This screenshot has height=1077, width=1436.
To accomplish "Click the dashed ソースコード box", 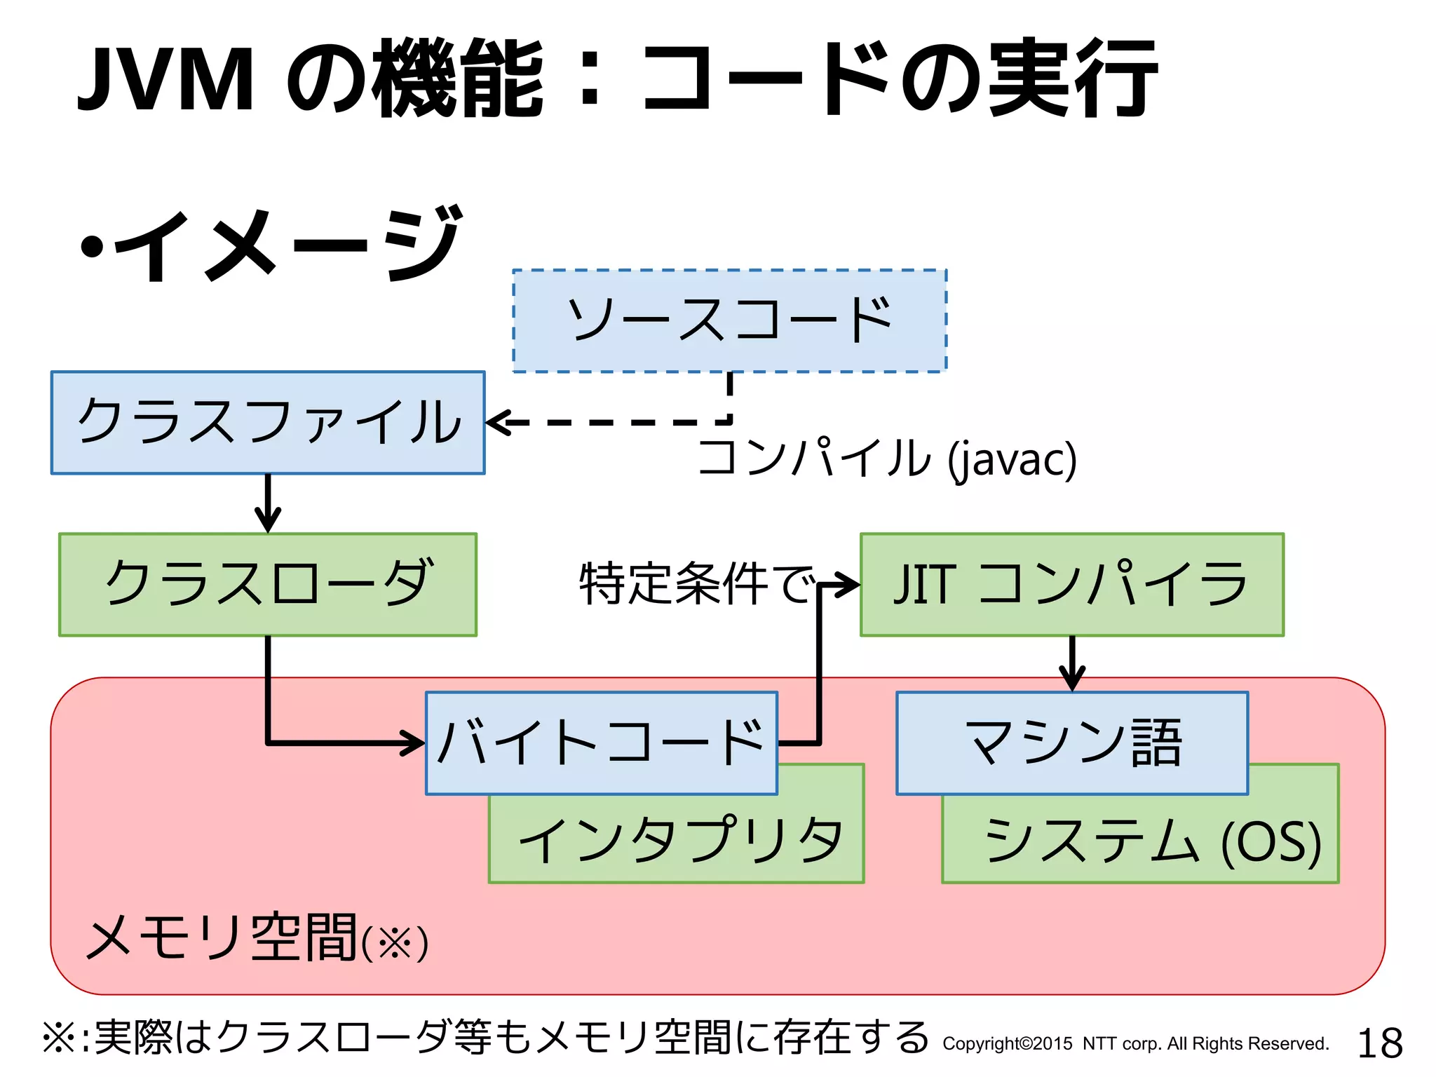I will pos(729,320).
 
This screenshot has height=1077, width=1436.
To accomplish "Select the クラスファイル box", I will pos(268,422).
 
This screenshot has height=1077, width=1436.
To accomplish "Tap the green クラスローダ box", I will pos(268,584).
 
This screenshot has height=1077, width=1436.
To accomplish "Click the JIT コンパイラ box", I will pos(1071,584).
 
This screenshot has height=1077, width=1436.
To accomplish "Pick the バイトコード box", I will pos(601,742).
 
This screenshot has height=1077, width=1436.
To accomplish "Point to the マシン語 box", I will pos(1071,742).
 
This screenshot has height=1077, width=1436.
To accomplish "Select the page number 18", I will pos(1379,1043).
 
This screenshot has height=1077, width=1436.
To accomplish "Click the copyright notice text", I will pos(1135,1044).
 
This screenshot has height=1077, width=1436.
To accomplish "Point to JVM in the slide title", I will pos(165,79).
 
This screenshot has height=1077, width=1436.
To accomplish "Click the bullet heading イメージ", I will pos(287,245).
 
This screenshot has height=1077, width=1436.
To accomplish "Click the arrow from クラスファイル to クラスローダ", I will pos(268,503).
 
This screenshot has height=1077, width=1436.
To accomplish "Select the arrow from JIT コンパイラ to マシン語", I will pos(1072,663).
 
